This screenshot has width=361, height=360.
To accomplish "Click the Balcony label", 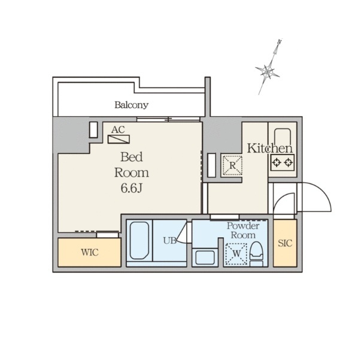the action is click(132, 105).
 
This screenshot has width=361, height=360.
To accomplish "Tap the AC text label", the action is click(118, 130).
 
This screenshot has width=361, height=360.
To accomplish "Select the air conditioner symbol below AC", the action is click(119, 139).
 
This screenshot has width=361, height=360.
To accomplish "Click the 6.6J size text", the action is click(131, 188).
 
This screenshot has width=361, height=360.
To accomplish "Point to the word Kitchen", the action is click(270, 149).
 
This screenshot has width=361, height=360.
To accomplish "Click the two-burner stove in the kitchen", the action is click(282, 162).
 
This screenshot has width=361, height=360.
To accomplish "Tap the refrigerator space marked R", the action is click(232, 165).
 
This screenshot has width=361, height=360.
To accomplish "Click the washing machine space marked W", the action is click(236, 253).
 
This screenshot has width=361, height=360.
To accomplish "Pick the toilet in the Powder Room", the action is click(256, 253).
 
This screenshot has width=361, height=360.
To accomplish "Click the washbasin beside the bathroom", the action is click(205, 258).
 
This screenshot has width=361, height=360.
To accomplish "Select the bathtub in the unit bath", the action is click(139, 240).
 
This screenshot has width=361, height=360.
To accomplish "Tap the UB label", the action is click(169, 241).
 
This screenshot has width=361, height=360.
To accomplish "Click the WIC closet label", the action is click(90, 252).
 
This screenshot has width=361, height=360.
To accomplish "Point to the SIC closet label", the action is click(285, 243).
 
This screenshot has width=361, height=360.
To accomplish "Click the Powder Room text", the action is click(243, 231).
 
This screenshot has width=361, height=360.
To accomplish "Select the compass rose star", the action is click(267, 71).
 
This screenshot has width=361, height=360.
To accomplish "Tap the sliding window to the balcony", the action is click(168, 119).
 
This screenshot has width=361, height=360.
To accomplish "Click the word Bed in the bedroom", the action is click(132, 157).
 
